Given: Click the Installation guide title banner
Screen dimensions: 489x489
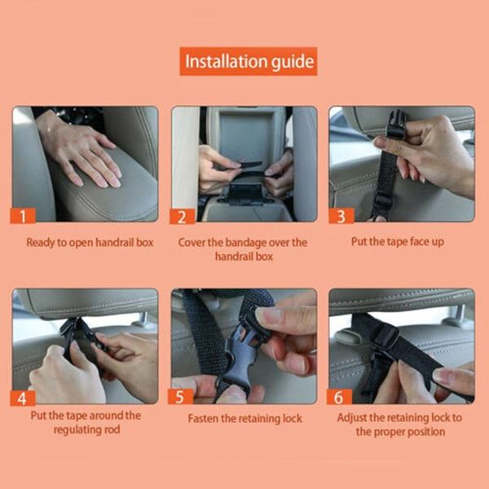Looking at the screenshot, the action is point(249,61).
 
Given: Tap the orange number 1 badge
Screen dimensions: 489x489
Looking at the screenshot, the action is point(23,215).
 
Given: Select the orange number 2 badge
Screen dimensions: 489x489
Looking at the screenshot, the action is point(182,217).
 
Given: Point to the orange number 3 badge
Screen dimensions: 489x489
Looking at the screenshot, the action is point(341,216).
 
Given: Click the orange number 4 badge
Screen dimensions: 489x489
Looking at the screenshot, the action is point(23,399).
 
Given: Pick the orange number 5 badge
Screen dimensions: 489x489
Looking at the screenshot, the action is point(180,397).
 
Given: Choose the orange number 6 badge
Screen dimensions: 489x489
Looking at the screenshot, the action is point(339,397).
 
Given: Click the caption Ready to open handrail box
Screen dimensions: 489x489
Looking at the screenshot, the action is point(90,242).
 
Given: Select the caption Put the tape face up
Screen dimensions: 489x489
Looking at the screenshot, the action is point(398,242).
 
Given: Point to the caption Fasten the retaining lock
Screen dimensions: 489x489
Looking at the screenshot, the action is point(244,418).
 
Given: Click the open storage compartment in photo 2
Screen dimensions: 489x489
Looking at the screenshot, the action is point(246,135).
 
